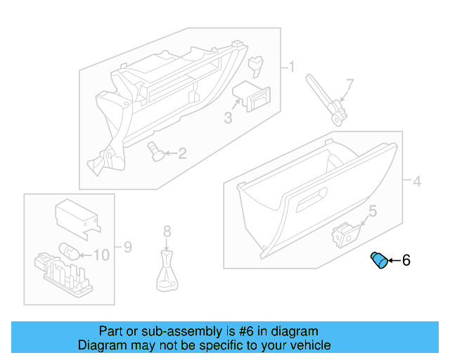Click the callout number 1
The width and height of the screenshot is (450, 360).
click(x=291, y=67)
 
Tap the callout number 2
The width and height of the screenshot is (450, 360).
click(x=181, y=153)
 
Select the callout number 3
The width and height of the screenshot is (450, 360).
click(x=228, y=118)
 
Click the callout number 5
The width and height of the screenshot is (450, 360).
click(x=373, y=210)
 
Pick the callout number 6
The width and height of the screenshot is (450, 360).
click(x=405, y=261)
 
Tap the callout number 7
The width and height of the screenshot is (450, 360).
click(x=350, y=84)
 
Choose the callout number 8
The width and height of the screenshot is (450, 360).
click(x=167, y=230)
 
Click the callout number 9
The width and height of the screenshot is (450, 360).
click(x=127, y=247)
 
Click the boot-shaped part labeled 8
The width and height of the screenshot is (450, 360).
click(x=166, y=273)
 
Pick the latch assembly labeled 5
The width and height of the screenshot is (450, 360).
click(x=347, y=234)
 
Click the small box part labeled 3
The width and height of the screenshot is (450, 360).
click(x=250, y=95)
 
